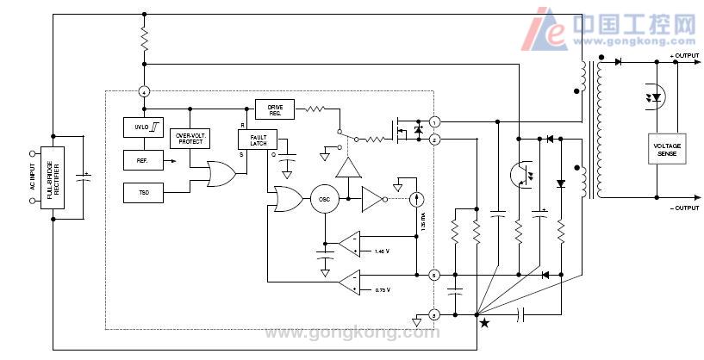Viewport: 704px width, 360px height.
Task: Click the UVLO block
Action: [143, 127]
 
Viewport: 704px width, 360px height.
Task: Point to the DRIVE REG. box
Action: [275, 109]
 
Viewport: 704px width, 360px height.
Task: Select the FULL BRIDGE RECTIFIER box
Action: [53, 177]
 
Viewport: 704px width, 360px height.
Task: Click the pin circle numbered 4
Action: [145, 91]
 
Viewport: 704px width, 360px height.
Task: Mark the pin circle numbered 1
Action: [435, 122]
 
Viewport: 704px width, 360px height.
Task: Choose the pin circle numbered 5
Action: [435, 276]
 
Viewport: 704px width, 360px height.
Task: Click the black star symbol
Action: [484, 323]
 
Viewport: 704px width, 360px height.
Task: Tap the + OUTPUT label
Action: [684, 56]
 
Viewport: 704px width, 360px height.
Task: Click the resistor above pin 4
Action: [145, 39]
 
